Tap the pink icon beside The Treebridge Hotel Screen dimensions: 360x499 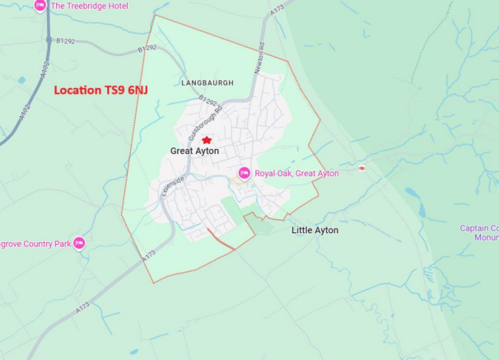pos(40,5)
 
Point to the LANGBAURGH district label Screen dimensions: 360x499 pos(207,83)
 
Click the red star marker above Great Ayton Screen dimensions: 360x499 pos(207,140)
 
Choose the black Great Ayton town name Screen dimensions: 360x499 pos(194,152)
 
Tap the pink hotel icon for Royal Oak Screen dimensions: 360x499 pos(244,173)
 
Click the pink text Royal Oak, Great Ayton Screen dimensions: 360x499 pos(296,174)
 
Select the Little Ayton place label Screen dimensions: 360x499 pos(315,231)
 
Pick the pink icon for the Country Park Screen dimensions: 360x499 pos(79,243)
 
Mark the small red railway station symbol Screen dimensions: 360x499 pos(361,168)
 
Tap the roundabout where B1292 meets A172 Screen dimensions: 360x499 pos(49,40)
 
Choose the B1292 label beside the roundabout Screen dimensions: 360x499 pos(65,40)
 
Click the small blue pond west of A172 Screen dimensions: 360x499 pos(21,80)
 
